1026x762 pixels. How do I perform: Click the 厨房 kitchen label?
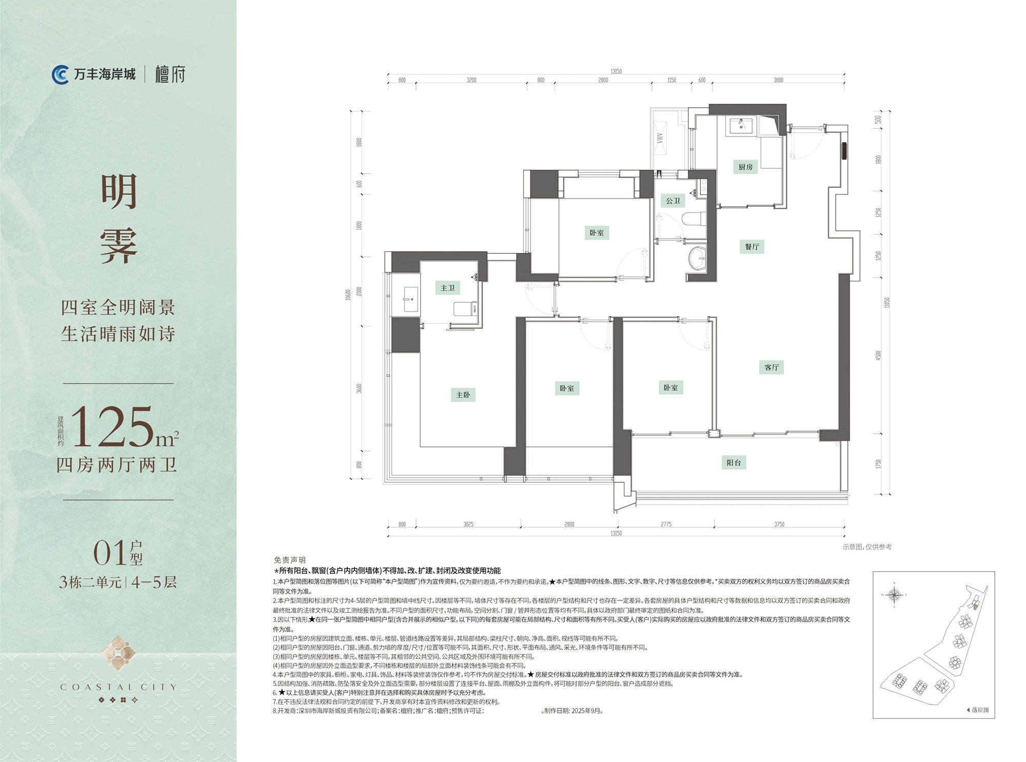click(x=745, y=167)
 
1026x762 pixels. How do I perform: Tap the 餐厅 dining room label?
click(x=752, y=247)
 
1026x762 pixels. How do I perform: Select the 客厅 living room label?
click(x=771, y=367)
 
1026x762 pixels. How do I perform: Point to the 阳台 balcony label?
click(x=734, y=462)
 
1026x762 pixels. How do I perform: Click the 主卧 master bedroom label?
click(x=463, y=395)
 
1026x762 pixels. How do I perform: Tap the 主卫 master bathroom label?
click(x=447, y=288)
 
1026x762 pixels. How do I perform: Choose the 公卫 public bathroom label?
click(x=673, y=201)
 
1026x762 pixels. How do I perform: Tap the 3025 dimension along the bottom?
click(x=468, y=524)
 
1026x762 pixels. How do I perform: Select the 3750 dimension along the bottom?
click(x=779, y=524)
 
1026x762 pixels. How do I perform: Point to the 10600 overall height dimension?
click(x=348, y=295)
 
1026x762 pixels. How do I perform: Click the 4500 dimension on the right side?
click(x=878, y=355)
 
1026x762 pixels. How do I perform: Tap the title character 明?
click(x=119, y=191)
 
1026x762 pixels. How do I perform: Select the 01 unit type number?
click(x=109, y=553)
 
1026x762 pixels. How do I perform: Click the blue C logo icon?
click(x=61, y=74)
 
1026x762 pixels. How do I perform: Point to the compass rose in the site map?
click(x=894, y=595)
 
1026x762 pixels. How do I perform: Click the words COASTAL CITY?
click(x=118, y=687)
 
